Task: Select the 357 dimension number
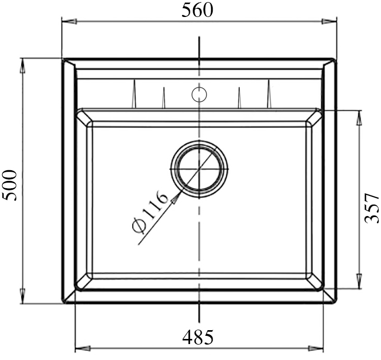(371, 208)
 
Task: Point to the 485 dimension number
(198, 337)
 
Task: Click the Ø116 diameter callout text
(150, 212)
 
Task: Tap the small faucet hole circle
(199, 94)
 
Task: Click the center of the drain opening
(199, 169)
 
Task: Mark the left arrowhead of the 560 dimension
(69, 21)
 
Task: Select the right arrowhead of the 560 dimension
(330, 21)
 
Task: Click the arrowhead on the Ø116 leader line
(177, 197)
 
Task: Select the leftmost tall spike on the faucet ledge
(133, 95)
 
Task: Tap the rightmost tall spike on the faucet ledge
(268, 95)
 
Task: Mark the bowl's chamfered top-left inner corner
(84, 118)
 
